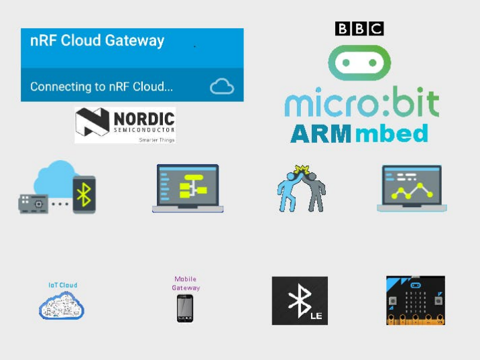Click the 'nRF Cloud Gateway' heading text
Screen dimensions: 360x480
(97, 41)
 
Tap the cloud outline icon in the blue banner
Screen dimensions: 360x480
(222, 86)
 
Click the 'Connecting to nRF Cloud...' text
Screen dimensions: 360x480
(101, 86)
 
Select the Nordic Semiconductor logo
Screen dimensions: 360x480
(125, 125)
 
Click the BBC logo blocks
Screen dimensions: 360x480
(359, 28)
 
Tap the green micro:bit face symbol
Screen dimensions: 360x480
(359, 62)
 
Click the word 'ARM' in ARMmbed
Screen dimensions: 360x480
(320, 133)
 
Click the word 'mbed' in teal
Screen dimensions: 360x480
(392, 133)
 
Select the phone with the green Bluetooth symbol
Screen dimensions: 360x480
(84, 194)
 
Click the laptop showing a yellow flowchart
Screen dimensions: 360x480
(188, 188)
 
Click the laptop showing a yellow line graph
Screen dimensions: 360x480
(412, 188)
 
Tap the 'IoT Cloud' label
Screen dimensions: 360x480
(62, 285)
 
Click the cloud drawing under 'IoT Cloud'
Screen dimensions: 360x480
(62, 306)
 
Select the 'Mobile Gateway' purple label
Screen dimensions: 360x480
(186, 284)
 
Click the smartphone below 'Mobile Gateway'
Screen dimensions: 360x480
(185, 308)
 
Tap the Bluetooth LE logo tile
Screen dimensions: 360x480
(300, 300)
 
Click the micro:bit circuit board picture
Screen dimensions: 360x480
(416, 300)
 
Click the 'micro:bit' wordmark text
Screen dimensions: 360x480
(362, 105)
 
